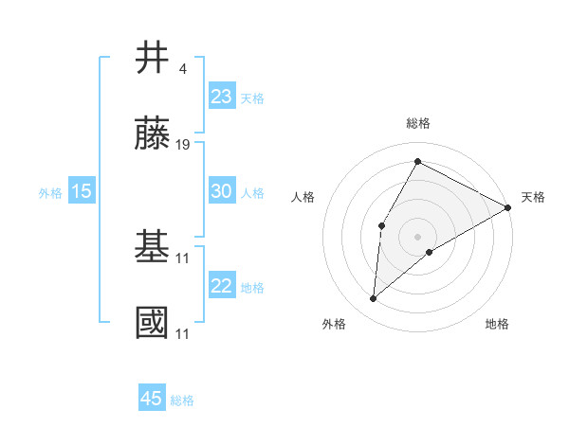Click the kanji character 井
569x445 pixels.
[153, 58]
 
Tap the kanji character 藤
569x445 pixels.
[153, 135]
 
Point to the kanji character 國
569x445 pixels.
[153, 323]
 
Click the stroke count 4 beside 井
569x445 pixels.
[181, 68]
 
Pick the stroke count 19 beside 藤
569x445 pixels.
[184, 145]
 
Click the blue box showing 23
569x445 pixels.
[221, 96]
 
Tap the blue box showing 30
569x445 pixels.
[221, 191]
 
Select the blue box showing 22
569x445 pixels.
[221, 286]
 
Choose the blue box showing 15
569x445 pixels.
[82, 191]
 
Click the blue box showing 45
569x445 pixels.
[152, 399]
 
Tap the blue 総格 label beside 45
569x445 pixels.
[182, 400]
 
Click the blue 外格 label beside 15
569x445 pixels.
[50, 193]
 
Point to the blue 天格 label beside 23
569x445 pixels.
[252, 98]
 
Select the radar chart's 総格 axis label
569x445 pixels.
[417, 123]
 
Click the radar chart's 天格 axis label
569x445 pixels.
[533, 197]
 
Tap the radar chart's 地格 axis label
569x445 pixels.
[497, 324]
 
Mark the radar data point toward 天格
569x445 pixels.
[508, 207]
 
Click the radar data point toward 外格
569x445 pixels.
[374, 299]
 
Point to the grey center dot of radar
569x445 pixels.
[417, 236]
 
